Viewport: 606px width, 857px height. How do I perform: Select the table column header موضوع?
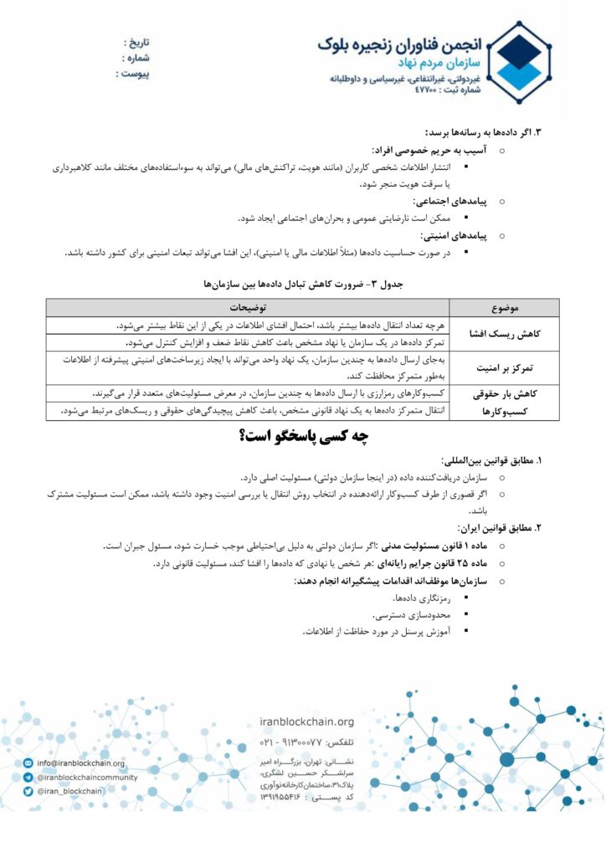point(507,308)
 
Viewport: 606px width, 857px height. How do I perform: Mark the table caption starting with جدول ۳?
point(302,285)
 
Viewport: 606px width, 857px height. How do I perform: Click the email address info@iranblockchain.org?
point(80,763)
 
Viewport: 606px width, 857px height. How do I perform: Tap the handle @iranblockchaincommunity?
point(86,777)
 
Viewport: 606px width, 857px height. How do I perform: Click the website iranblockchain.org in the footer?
point(307,722)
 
